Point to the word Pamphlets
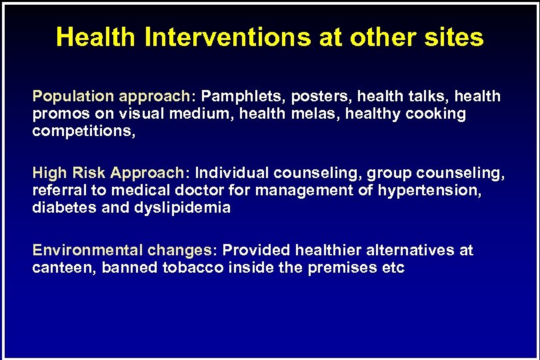point(239,97)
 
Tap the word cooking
point(435,114)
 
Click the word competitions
point(84,131)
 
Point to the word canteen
point(63,268)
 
